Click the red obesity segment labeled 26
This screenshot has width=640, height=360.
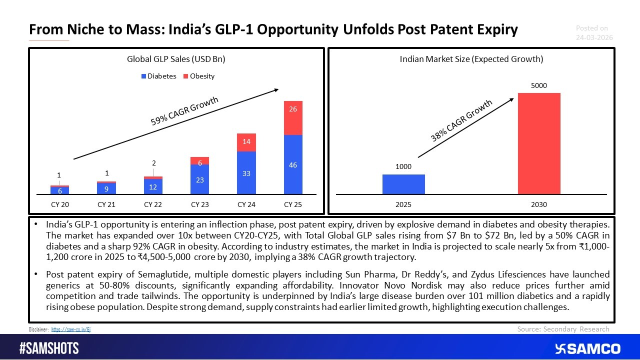[x=293, y=117]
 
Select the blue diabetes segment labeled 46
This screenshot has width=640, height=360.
[x=293, y=164]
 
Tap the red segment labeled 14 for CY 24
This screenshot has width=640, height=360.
[x=246, y=142]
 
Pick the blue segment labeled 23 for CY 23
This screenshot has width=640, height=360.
[x=199, y=179]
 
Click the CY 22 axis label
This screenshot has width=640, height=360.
[x=152, y=204]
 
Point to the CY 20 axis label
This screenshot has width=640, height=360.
[x=59, y=204]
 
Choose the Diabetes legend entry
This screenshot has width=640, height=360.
[x=158, y=76]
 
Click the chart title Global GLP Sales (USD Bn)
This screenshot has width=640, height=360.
[x=176, y=59]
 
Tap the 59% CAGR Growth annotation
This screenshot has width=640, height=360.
[x=184, y=112]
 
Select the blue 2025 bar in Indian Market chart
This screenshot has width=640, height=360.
[x=403, y=184]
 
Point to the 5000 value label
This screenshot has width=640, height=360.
[x=539, y=86]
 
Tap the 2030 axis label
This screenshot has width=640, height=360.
[x=539, y=204]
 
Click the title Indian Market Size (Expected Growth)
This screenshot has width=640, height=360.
[x=471, y=59]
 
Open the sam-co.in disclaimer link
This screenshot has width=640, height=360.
[x=71, y=329]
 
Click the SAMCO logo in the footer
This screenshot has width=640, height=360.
[x=587, y=348]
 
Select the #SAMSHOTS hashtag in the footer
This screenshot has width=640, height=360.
[x=49, y=348]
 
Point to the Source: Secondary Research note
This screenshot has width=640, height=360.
[x=563, y=329]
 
